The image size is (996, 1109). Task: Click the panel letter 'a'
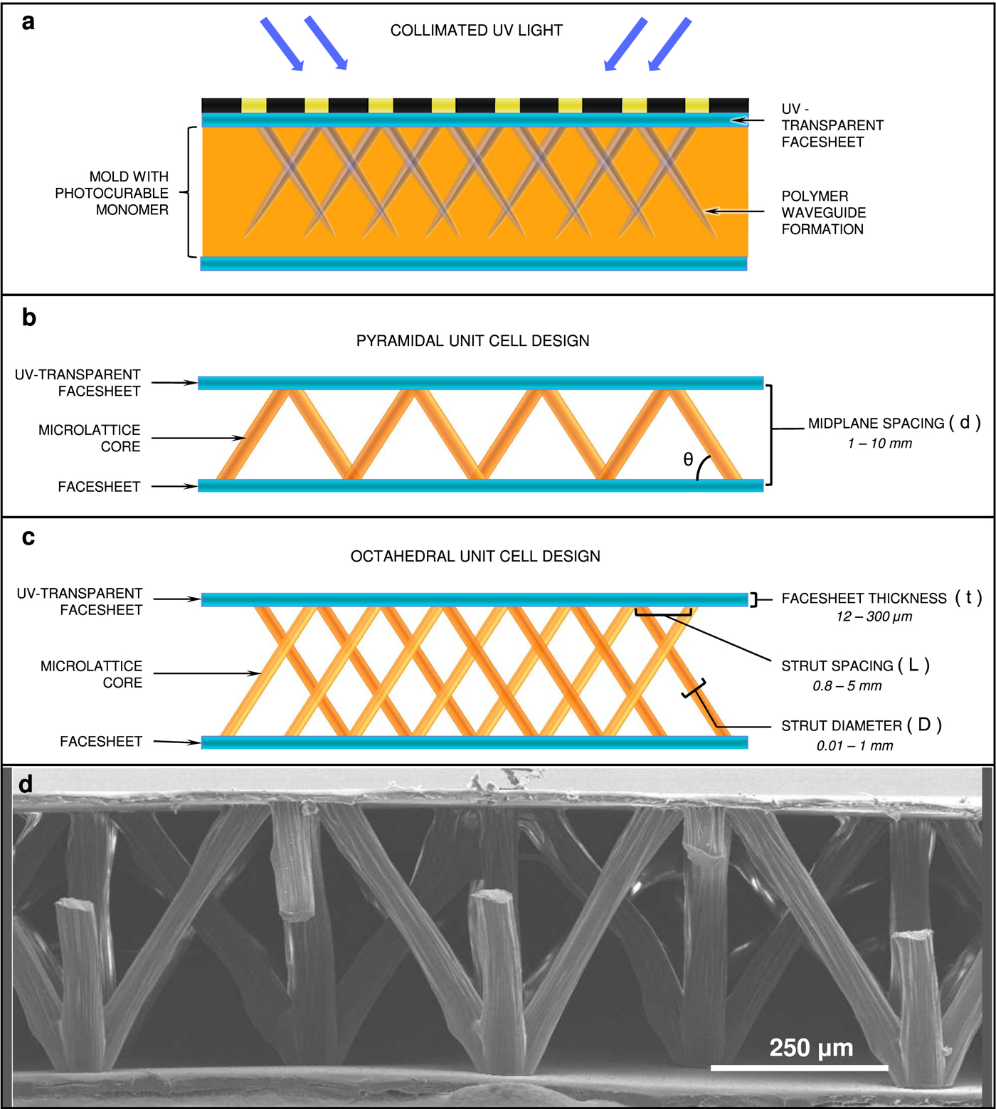pyautogui.click(x=28, y=22)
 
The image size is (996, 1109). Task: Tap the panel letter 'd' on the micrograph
pyautogui.click(x=26, y=784)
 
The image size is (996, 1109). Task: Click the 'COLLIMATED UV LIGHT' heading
pyautogui.click(x=476, y=31)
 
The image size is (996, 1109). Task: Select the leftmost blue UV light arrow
pyautogui.click(x=282, y=44)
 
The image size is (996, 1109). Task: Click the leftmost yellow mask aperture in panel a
pyautogui.click(x=254, y=105)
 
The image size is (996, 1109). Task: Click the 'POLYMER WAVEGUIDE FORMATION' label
pyautogui.click(x=823, y=213)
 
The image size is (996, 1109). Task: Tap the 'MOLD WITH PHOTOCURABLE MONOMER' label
pyautogui.click(x=112, y=193)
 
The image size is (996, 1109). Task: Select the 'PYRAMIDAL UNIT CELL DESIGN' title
pyautogui.click(x=472, y=341)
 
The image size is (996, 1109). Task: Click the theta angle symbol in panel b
pyautogui.click(x=688, y=460)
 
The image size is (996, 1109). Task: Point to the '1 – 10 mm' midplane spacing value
pyautogui.click(x=879, y=443)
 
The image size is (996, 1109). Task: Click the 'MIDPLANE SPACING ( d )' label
pyautogui.click(x=894, y=423)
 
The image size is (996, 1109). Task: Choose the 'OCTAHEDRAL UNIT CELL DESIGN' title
pyautogui.click(x=475, y=557)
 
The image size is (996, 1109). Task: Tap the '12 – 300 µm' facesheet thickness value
pyautogui.click(x=874, y=616)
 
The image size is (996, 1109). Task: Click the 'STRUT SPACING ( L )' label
pyautogui.click(x=854, y=666)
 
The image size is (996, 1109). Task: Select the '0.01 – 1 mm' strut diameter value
pyautogui.click(x=854, y=746)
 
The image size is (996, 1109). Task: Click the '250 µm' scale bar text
pyautogui.click(x=811, y=1048)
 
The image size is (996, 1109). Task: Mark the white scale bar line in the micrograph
pyautogui.click(x=799, y=1068)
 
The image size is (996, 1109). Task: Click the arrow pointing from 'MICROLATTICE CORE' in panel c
pyautogui.click(x=207, y=673)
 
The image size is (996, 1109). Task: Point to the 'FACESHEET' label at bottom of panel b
pyautogui.click(x=99, y=487)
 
